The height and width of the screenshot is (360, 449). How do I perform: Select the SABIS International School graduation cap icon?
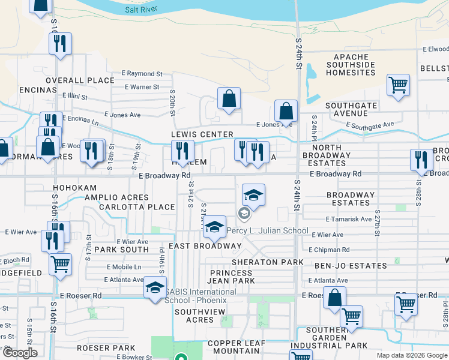[155, 287]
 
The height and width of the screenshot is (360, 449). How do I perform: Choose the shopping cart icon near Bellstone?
[398, 86]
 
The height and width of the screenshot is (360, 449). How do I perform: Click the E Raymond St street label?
[143, 74]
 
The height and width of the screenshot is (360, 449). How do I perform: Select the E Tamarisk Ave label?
[349, 220]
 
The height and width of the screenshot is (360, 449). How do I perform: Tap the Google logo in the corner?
[20, 353]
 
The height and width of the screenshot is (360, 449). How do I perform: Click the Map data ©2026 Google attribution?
[412, 355]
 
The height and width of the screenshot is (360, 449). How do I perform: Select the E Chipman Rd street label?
[329, 250]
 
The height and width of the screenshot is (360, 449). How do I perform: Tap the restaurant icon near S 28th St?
[421, 160]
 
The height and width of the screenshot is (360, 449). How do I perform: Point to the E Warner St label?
[142, 87]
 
